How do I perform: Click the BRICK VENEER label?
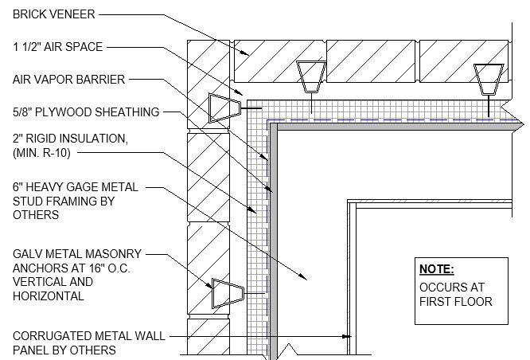[x=53, y=14]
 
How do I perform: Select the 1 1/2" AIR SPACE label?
[x=57, y=47]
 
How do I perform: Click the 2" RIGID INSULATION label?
[x=69, y=138]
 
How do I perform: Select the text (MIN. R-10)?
[x=47, y=151]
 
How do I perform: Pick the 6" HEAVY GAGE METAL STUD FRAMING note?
[x=75, y=201]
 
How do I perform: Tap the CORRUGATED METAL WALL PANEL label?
[x=88, y=343]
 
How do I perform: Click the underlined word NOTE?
[x=436, y=268]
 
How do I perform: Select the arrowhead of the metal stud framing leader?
[x=306, y=277]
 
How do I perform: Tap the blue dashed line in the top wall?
[x=382, y=120]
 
